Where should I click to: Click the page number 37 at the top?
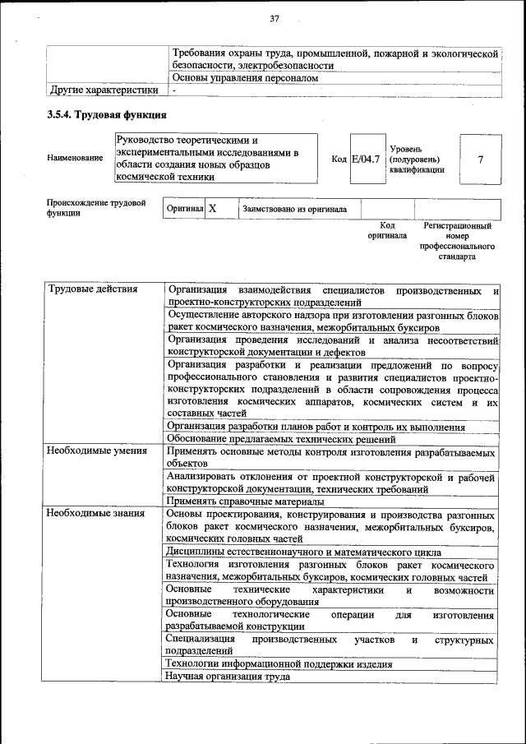click(x=274, y=19)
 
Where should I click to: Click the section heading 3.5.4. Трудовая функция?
click(x=107, y=115)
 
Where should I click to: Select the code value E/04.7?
click(x=366, y=159)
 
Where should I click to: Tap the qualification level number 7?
click(x=480, y=159)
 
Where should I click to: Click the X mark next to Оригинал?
click(x=212, y=209)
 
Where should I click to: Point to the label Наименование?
click(x=76, y=158)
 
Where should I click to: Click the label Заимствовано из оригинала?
click(x=294, y=210)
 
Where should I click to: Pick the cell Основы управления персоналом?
click(x=245, y=77)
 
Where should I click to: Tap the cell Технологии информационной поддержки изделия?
click(x=279, y=663)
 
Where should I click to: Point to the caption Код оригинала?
click(x=387, y=230)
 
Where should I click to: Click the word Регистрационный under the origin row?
click(x=458, y=225)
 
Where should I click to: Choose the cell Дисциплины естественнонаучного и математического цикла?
click(x=303, y=552)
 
